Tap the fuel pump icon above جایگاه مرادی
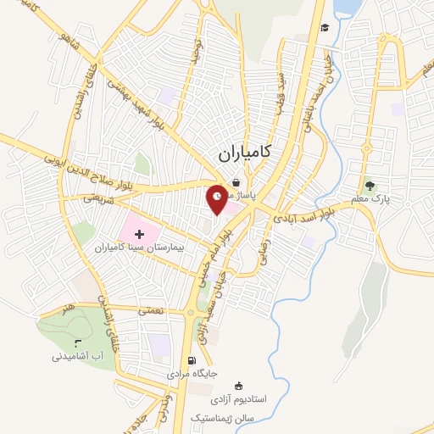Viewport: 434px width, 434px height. click(202, 359)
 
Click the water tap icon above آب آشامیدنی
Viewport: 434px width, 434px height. click(78, 343)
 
